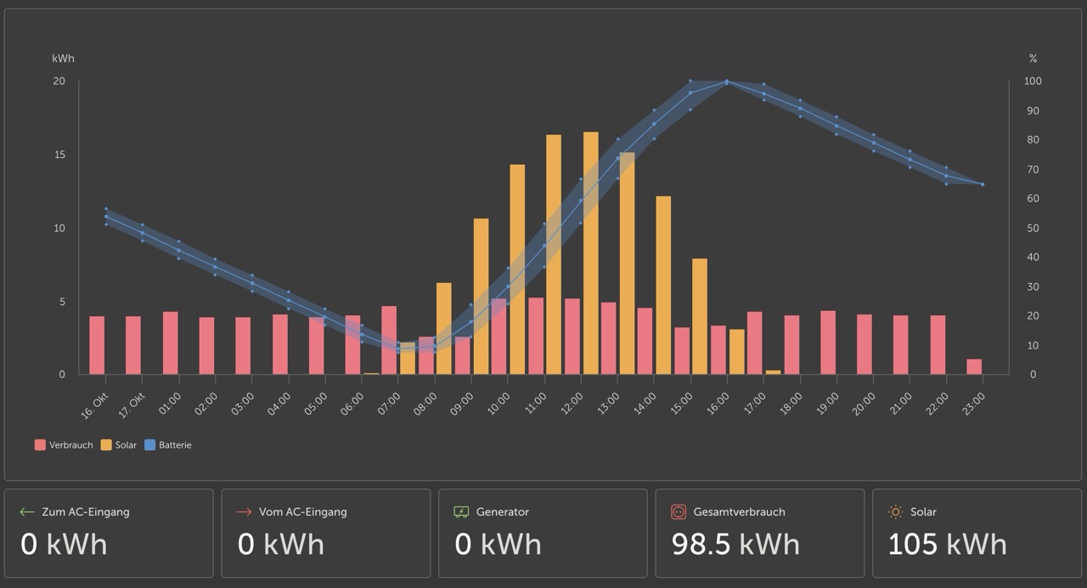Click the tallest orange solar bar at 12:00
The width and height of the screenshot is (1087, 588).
coord(590,253)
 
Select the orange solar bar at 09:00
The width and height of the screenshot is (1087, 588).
coord(481,297)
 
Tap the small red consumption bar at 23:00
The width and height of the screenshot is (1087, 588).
coord(974,366)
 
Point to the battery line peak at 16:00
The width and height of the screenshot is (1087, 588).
coord(726,82)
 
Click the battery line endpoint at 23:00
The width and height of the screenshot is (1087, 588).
coord(983,184)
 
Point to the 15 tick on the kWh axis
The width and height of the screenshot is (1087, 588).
coord(59,155)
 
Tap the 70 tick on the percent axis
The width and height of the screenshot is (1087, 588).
coord(1033,170)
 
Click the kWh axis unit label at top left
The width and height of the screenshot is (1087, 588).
coord(63,59)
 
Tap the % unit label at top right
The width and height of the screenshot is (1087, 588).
coord(1033,59)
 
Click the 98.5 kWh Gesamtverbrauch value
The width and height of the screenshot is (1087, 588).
coord(735,544)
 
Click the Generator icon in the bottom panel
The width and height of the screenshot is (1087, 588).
coord(461,512)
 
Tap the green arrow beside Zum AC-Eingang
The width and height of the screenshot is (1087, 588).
coord(27,512)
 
